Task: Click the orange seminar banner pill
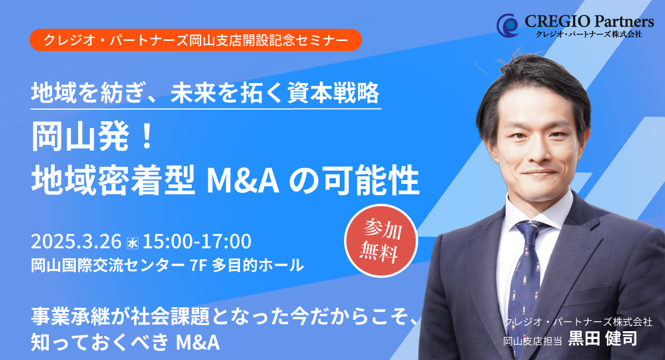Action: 195,40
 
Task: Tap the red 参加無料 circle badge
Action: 381,241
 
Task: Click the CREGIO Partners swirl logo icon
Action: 508,25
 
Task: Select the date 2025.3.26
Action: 76,241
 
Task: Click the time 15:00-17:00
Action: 197,241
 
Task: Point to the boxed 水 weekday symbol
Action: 132,243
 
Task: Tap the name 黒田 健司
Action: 602,338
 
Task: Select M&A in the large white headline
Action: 243,181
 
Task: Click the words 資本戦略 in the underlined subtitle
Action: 334,93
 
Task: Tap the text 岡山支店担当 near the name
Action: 533,341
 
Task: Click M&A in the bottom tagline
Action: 198,342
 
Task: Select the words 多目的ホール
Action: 258,265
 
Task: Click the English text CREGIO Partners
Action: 589,22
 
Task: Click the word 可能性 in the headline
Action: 372,180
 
